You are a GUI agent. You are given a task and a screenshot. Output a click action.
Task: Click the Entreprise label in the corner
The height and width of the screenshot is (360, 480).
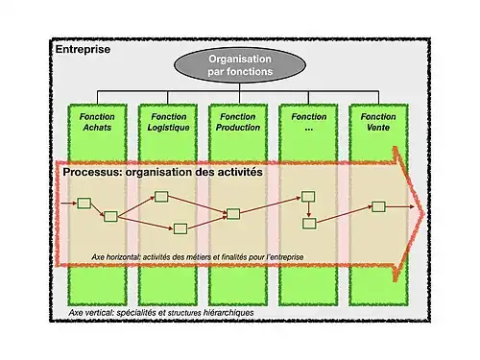(x=83, y=48)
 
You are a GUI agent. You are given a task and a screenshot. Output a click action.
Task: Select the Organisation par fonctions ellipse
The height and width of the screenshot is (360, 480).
(x=232, y=65)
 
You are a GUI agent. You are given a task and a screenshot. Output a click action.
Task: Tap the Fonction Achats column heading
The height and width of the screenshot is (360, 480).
(x=98, y=122)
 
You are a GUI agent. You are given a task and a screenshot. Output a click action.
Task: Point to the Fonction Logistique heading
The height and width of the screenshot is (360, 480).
(x=168, y=122)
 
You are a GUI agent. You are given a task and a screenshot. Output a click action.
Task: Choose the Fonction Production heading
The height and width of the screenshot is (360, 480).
(x=238, y=122)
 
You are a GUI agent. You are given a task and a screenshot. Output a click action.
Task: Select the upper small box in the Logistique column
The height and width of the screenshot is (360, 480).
(x=161, y=197)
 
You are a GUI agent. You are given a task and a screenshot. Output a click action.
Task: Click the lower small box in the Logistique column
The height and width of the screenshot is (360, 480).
(x=180, y=228)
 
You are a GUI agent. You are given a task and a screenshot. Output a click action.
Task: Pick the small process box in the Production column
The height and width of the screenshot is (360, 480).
(x=231, y=213)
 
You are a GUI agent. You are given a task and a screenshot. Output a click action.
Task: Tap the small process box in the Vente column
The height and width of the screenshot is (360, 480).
(x=378, y=206)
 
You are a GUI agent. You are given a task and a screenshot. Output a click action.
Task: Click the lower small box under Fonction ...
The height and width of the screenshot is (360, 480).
(x=309, y=224)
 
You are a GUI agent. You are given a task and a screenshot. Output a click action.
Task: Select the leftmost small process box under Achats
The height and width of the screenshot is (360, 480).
(x=83, y=204)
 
